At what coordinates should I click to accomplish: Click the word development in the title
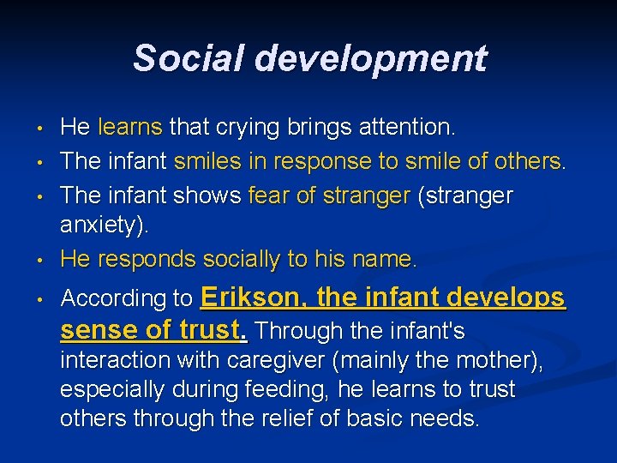coord(370,58)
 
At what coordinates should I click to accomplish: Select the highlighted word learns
coord(130,128)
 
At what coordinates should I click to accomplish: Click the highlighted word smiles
coord(206,162)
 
